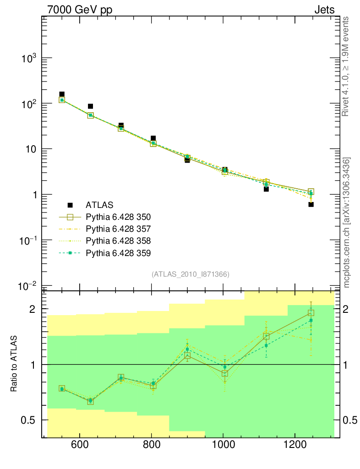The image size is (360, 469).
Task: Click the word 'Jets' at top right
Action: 324,10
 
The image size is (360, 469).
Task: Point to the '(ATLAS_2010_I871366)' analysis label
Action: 191,274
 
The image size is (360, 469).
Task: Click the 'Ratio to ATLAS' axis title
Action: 15,364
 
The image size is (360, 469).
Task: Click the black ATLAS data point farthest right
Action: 311,204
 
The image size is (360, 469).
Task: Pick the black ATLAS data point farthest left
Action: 62,94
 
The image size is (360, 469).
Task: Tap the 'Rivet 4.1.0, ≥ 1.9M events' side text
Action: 346,66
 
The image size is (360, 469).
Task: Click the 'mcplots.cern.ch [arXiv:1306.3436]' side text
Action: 347,223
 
